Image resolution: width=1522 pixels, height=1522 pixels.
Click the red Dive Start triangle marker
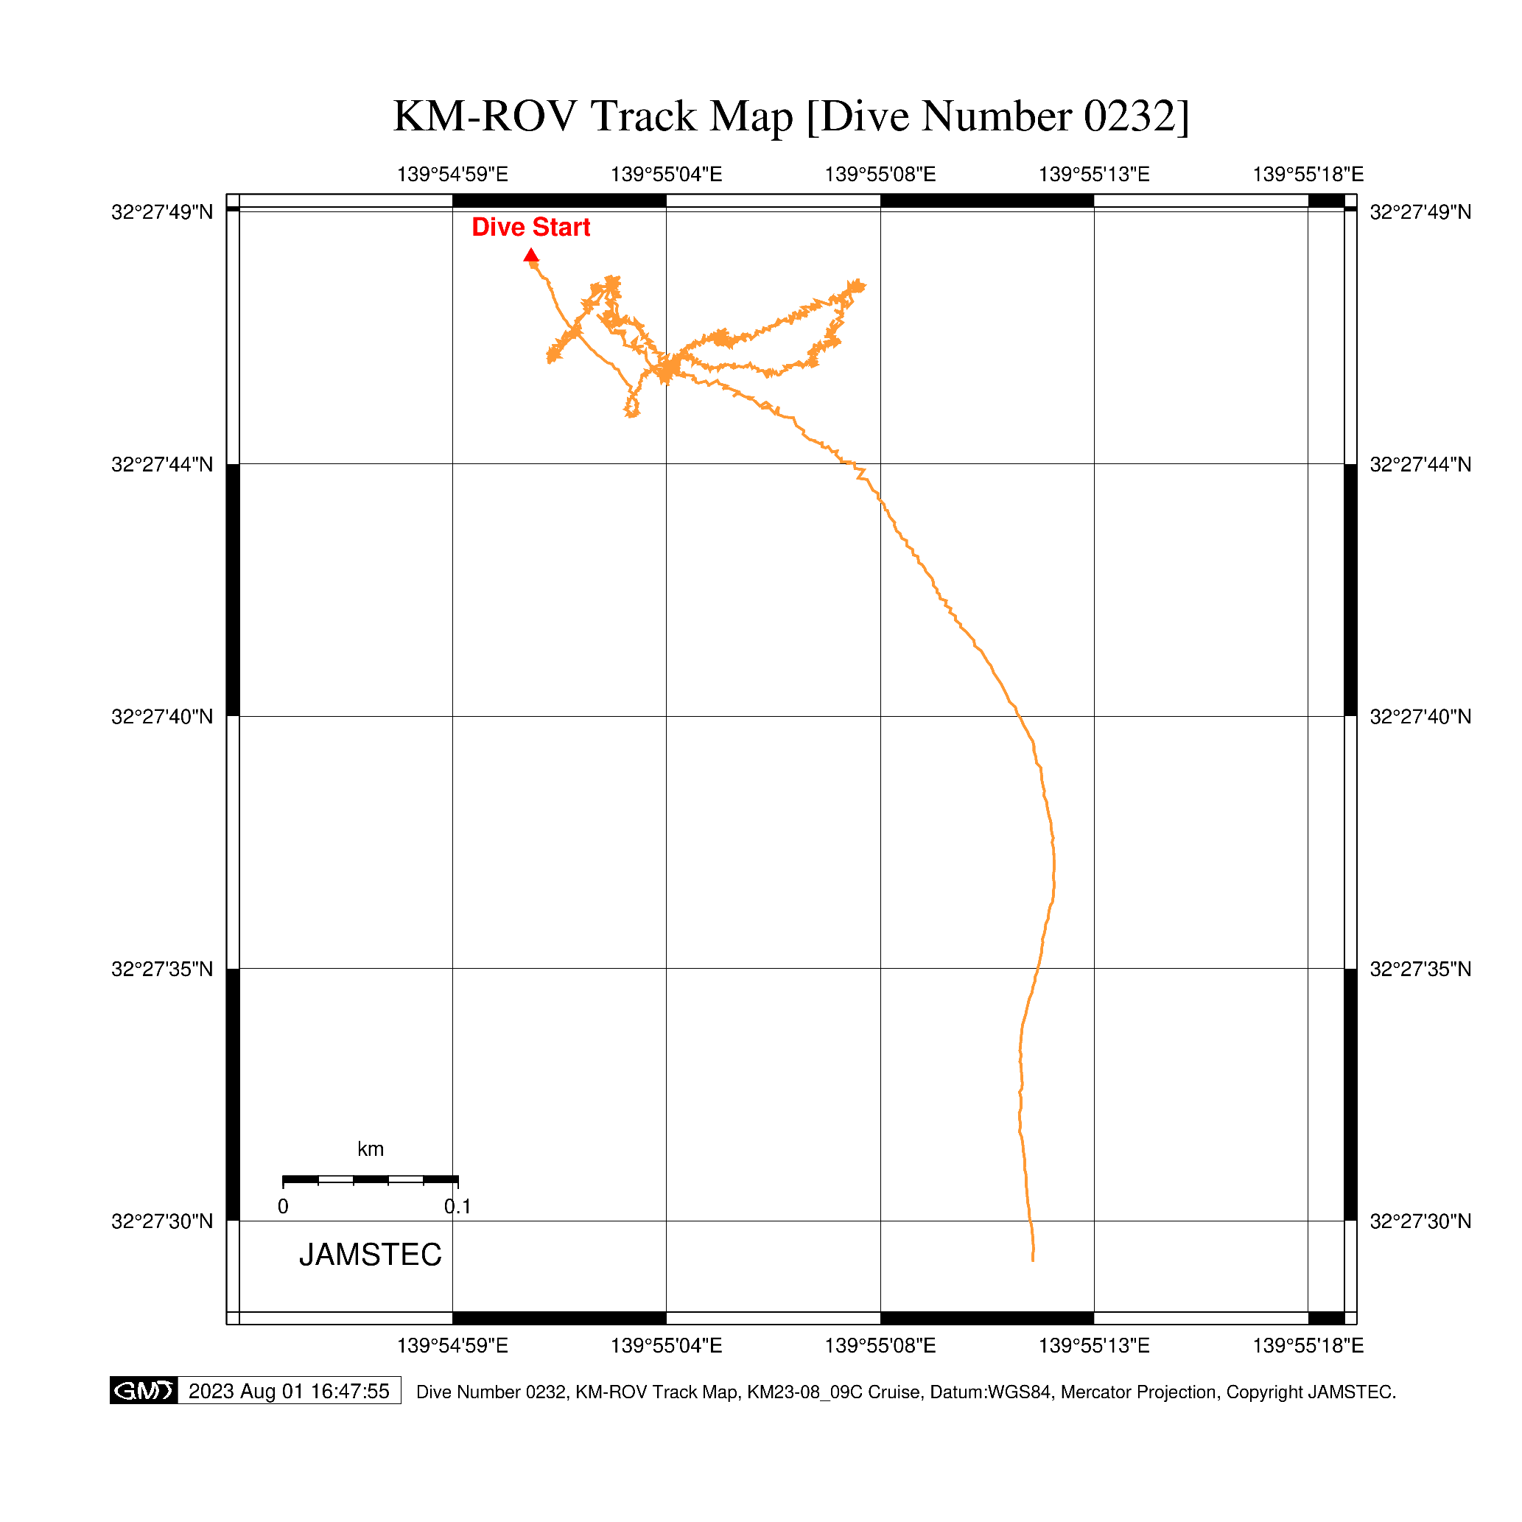coord(531,255)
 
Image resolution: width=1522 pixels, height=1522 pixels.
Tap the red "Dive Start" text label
coord(530,227)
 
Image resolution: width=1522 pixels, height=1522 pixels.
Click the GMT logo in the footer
coord(144,1390)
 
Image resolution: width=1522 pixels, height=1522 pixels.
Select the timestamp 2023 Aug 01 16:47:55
coord(288,1390)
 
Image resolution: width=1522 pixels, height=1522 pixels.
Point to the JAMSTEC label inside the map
coord(371,1255)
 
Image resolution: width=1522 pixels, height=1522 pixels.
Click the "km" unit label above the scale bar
coord(371,1148)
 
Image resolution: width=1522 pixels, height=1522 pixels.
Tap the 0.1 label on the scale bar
coord(457,1206)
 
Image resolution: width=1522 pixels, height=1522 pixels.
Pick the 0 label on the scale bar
coord(283,1206)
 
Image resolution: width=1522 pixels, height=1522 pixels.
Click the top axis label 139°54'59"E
coord(452,174)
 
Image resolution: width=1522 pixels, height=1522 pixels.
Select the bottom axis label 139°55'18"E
coord(1308,1344)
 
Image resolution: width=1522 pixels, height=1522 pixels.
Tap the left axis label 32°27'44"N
coord(162,465)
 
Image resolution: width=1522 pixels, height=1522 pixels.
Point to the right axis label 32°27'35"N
coord(1420,969)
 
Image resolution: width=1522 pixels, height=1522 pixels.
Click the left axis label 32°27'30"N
coord(162,1221)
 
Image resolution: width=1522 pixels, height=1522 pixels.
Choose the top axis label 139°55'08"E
coord(880,174)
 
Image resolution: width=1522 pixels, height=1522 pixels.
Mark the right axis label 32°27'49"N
coord(1420,212)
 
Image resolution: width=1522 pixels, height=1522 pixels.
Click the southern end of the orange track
coord(1033,1260)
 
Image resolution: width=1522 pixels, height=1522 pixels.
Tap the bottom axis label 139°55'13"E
coord(1093,1344)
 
